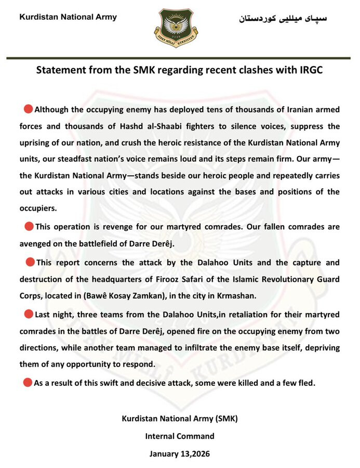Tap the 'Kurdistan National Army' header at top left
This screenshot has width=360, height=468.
click(x=68, y=17)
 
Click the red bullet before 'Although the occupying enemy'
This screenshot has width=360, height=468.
click(x=28, y=110)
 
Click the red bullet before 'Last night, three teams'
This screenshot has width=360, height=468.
click(x=29, y=314)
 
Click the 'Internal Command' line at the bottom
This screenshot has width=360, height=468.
click(x=179, y=436)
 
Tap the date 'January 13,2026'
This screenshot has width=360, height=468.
click(x=179, y=453)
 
